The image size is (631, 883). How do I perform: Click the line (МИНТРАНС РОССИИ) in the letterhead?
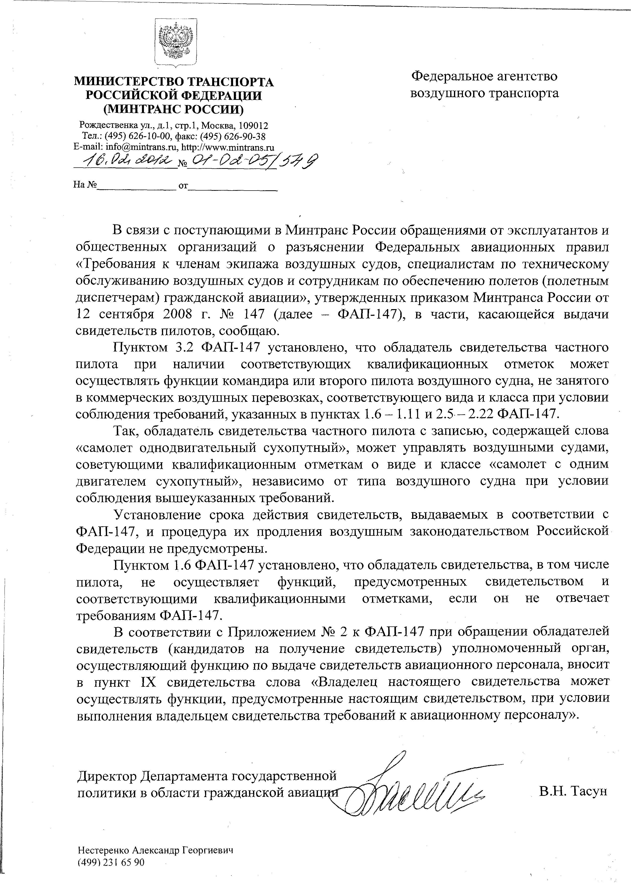pos(173,110)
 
